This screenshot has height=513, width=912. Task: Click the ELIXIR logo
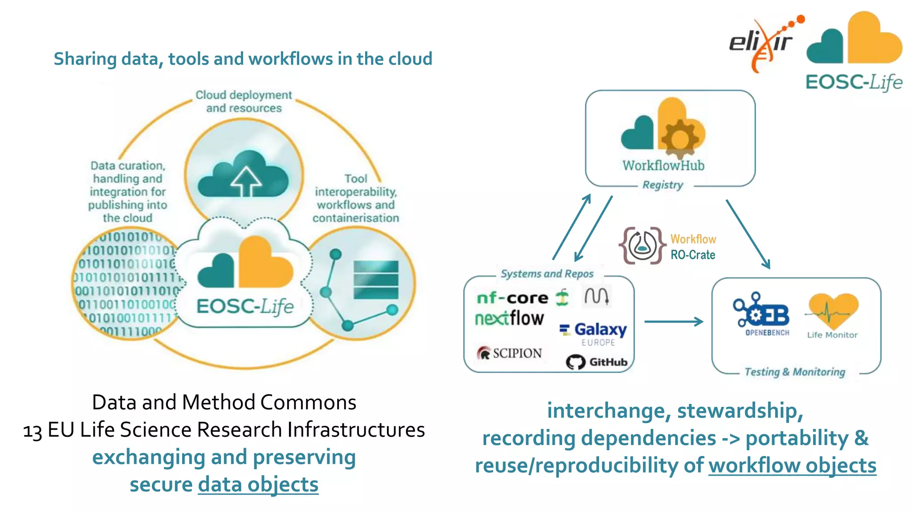(x=762, y=44)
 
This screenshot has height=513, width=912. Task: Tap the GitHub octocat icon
(x=575, y=362)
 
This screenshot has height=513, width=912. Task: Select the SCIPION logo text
(x=517, y=353)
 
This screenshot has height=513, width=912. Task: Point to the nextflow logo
(x=509, y=319)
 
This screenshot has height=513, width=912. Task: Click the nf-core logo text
(x=512, y=298)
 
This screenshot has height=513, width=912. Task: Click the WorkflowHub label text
(x=663, y=166)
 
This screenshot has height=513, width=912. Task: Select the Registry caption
(x=663, y=185)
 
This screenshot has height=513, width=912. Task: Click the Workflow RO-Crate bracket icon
(x=641, y=246)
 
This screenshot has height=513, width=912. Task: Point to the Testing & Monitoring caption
(x=794, y=372)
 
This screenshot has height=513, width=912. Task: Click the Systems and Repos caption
(x=547, y=274)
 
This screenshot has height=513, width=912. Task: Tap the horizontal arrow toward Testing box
(x=673, y=321)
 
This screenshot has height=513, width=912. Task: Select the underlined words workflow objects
(x=792, y=466)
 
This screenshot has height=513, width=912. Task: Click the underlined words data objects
(x=258, y=485)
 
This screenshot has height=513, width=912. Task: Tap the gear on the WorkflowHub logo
(x=680, y=138)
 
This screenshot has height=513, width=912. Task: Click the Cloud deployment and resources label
(x=244, y=101)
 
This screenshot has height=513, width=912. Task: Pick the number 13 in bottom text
(x=33, y=431)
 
